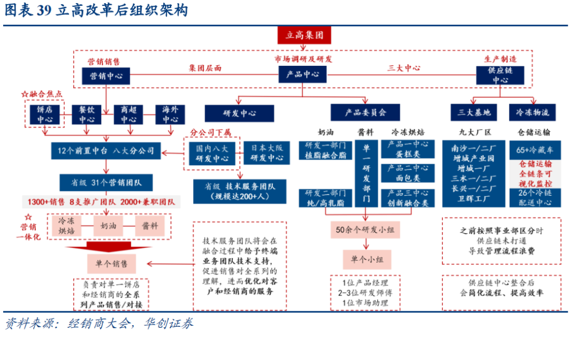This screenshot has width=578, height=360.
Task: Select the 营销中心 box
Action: click(105, 75)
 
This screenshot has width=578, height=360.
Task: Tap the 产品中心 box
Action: click(302, 75)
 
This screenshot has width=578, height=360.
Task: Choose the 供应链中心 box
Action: click(500, 75)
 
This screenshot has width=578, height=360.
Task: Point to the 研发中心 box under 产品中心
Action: click(239, 113)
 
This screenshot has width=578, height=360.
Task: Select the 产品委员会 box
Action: click(366, 113)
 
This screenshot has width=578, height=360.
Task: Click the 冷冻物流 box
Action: click(532, 113)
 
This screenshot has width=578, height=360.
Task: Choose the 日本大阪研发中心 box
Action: click(268, 153)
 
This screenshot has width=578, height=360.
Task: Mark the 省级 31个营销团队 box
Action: click(105, 182)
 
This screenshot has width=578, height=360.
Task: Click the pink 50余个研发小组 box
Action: click(366, 230)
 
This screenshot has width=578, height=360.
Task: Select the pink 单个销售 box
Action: click(111, 263)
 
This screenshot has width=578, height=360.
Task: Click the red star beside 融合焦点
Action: click(24, 94)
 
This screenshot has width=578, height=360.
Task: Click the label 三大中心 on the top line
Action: click(404, 68)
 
